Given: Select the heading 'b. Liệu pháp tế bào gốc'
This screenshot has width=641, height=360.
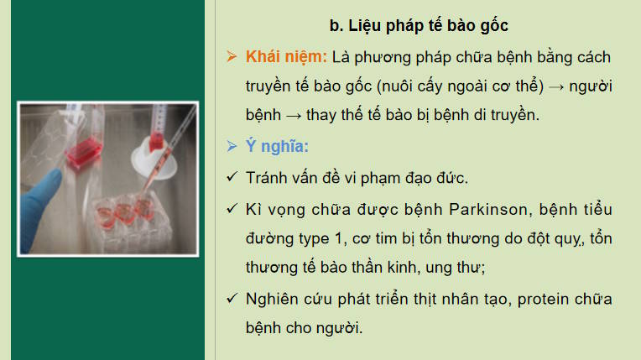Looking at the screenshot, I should point(419,27).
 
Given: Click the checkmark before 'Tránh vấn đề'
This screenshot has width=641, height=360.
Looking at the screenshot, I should point(232,178).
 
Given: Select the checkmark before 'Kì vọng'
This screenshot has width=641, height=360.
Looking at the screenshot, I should point(232,208).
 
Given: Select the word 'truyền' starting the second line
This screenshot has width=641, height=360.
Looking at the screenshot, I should point(268,87).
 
